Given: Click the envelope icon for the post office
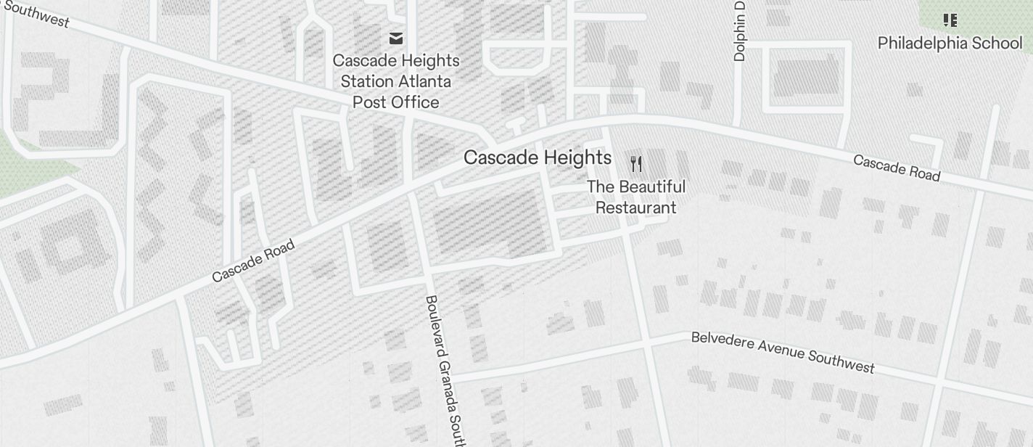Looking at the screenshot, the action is point(395,38).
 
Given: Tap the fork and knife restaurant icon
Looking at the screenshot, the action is point(636,164).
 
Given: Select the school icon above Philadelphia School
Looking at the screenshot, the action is point(949,20).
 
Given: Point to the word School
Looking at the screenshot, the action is point(997,44).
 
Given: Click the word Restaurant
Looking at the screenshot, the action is point(636,208).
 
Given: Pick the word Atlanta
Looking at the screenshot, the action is point(427,81).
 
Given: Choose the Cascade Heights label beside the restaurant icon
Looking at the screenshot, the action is point(537,158).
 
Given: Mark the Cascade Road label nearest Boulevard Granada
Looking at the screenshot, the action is point(253,261).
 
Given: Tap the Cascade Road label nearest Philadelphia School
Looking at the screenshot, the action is point(897,168).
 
